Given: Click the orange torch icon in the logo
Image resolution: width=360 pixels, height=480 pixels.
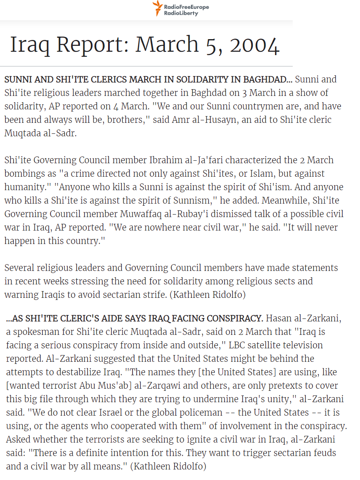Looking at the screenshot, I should point(157,8).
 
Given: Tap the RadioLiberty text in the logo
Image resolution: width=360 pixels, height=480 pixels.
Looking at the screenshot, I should point(181,13).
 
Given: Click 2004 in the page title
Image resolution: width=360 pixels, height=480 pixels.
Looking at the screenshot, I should point(254,45).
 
